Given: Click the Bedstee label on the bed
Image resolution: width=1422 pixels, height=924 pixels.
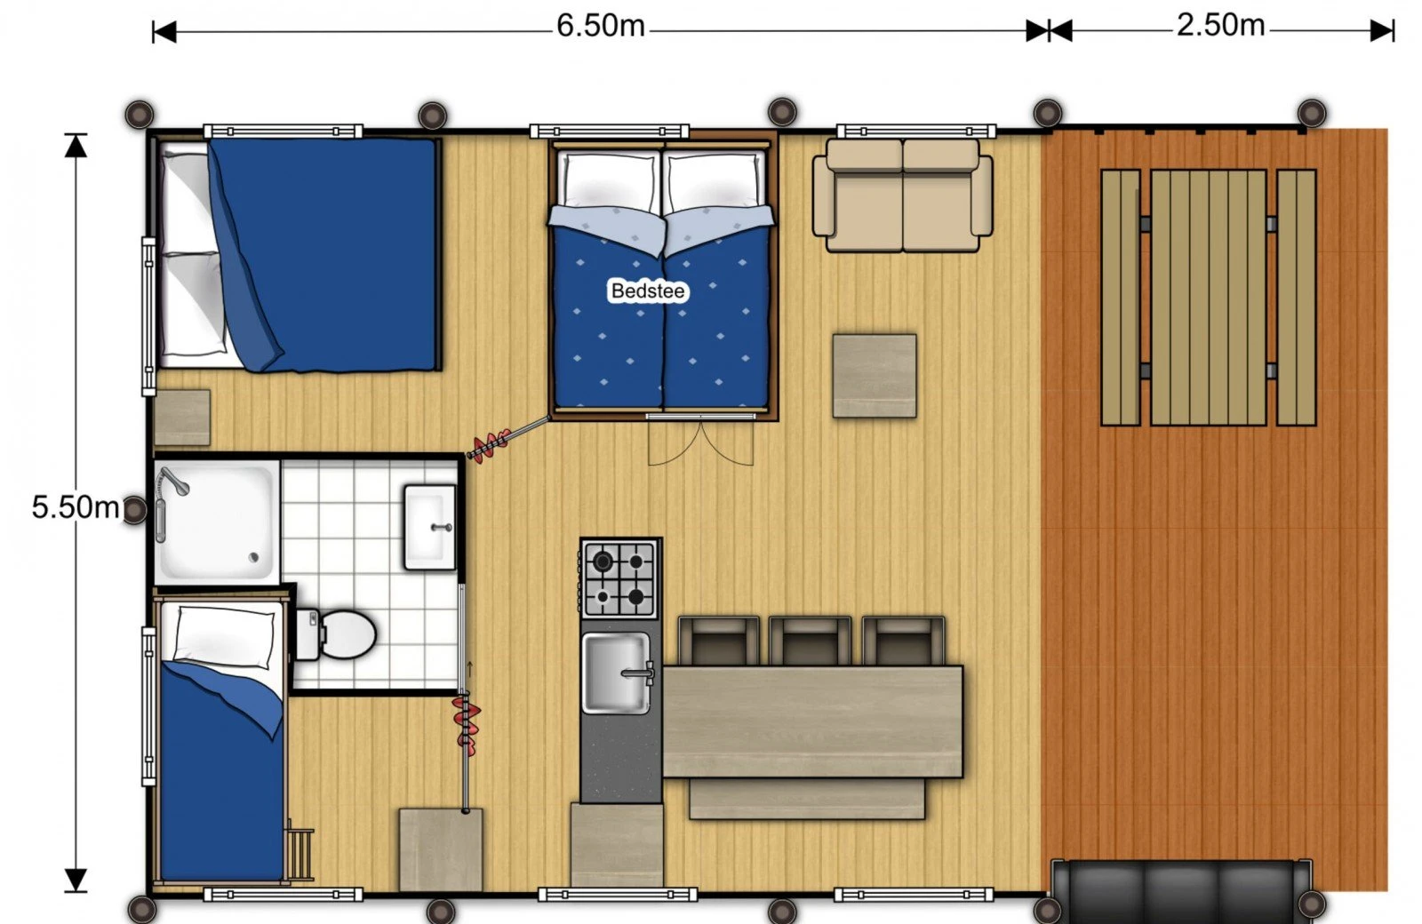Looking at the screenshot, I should [648, 291].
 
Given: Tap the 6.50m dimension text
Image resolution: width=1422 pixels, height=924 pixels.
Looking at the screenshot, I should [601, 26].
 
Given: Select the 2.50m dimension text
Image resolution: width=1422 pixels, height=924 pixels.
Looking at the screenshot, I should [1220, 25].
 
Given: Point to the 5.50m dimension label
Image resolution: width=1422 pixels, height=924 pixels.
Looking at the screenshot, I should [75, 506].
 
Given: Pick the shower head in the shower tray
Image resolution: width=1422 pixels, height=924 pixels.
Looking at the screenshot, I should [175, 482].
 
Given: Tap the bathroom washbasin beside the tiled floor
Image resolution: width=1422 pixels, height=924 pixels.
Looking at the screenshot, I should [430, 527].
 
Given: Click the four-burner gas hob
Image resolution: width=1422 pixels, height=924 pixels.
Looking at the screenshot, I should [620, 578].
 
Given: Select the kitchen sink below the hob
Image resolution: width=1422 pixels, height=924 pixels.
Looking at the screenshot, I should [615, 673].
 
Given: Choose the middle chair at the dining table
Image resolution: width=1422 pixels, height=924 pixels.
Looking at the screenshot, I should [810, 641].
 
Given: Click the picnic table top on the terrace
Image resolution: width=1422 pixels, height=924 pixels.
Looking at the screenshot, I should [1208, 298].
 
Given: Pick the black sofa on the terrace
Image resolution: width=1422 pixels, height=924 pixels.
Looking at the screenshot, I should [1181, 891].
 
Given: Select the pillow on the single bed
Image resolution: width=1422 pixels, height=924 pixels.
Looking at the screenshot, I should [224, 636].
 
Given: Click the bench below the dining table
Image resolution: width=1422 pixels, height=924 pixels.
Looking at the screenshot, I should [806, 799].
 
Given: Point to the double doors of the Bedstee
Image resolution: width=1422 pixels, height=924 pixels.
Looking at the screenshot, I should [701, 442].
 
